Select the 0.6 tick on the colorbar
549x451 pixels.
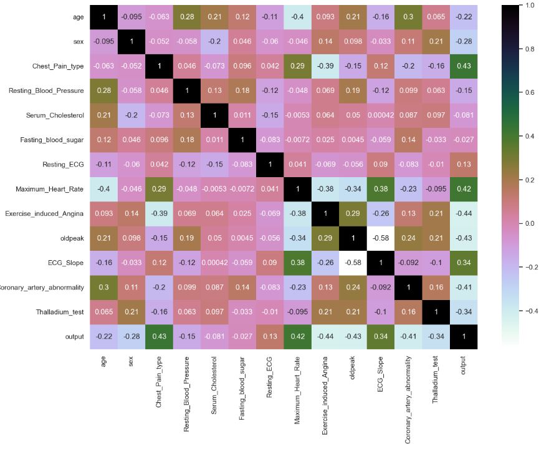530,92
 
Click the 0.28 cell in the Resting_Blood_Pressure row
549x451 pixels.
104,91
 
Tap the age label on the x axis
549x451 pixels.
104,361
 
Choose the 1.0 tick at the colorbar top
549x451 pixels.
530,5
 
